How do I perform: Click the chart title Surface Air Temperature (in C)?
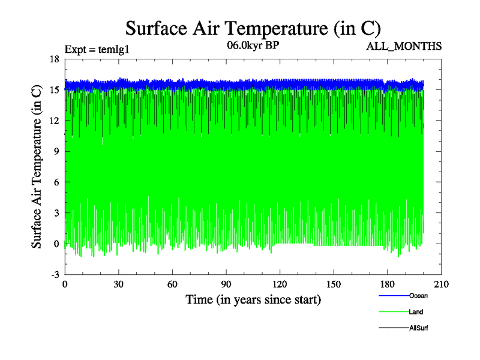[253, 28]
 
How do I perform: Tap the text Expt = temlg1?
[97, 49]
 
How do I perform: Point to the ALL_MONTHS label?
[404, 46]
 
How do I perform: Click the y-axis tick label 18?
[54, 59]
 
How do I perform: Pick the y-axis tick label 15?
[54, 90]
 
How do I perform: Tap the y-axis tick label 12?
[54, 121]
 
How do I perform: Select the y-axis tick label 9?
[56, 151]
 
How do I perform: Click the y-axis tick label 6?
[56, 182]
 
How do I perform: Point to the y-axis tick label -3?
[55, 274]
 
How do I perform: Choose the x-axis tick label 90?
[226, 284]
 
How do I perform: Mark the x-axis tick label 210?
[441, 284]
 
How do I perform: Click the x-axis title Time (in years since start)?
[253, 299]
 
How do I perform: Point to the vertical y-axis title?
[37, 166]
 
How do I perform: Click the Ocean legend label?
[418, 295]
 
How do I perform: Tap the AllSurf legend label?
[419, 328]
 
